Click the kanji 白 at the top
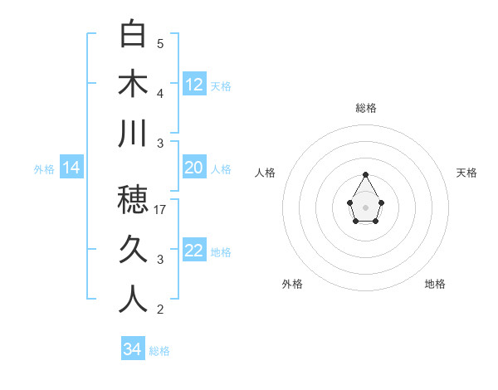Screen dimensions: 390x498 click(x=133, y=35)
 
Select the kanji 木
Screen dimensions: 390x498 click(x=133, y=84)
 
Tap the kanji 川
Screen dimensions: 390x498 click(x=133, y=134)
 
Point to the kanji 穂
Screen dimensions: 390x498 click(x=133, y=200)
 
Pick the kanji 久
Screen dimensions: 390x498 click(x=133, y=250)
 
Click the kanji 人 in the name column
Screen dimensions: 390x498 click(x=133, y=300)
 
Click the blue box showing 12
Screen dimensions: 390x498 click(x=194, y=85)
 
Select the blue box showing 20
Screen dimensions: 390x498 click(x=194, y=168)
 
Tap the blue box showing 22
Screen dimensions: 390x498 click(x=194, y=251)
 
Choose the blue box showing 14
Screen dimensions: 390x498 click(x=71, y=168)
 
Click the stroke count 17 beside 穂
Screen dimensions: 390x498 click(x=161, y=210)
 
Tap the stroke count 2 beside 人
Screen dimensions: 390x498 click(x=160, y=310)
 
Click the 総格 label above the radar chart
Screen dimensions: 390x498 click(x=366, y=108)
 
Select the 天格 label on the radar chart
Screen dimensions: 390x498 click(x=467, y=173)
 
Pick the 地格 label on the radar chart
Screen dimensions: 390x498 click(x=435, y=284)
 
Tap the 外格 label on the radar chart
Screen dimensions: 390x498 click(x=292, y=284)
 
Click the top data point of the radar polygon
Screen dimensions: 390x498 click(x=366, y=174)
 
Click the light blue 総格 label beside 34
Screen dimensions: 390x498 click(x=159, y=351)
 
